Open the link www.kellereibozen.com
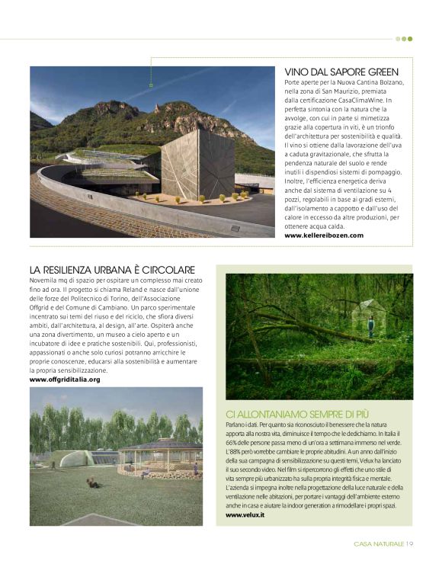[324, 236]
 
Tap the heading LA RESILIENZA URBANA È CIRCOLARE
[112, 270]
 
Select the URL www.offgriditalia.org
[65, 379]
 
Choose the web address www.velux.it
[245, 515]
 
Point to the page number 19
[409, 543]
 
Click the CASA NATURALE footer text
[379, 543]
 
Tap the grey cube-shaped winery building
[196, 162]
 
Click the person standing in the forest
[371, 327]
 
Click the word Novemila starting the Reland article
[46, 281]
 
